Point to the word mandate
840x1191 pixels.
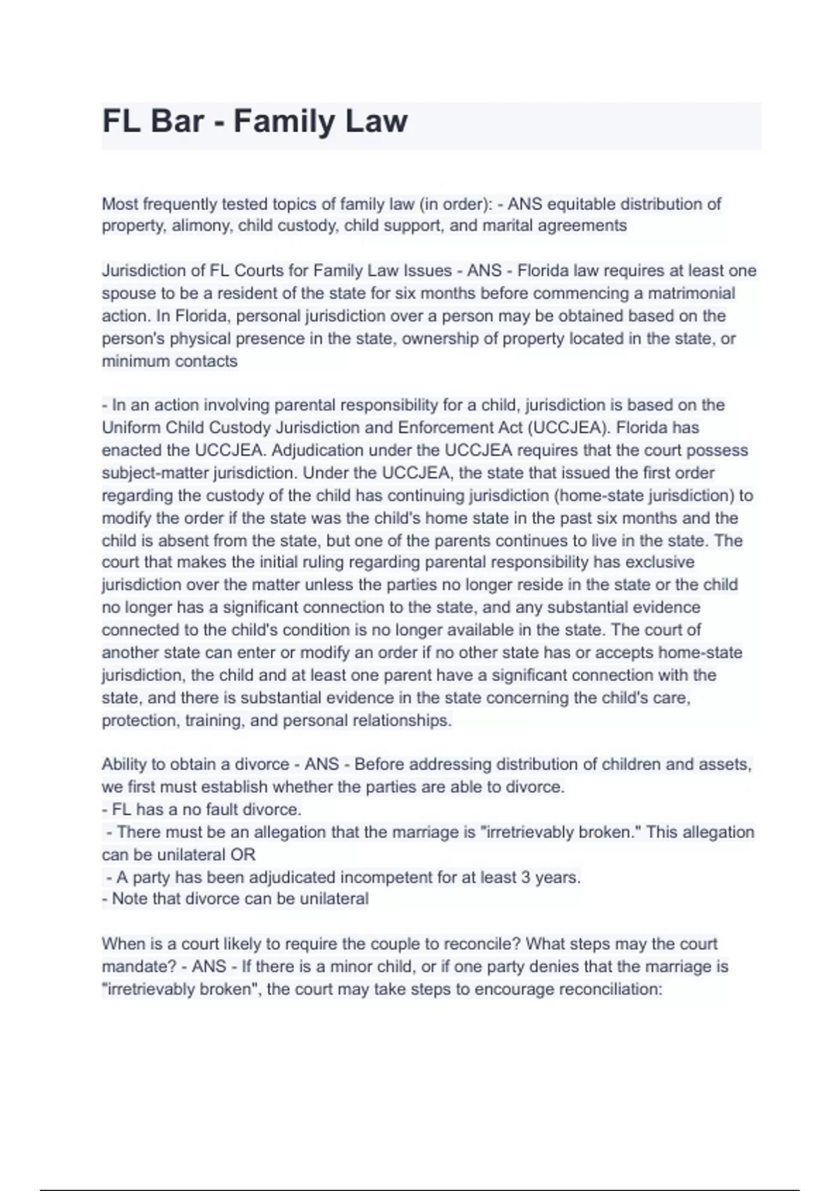click(x=137, y=967)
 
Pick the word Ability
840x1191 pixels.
click(x=124, y=764)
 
